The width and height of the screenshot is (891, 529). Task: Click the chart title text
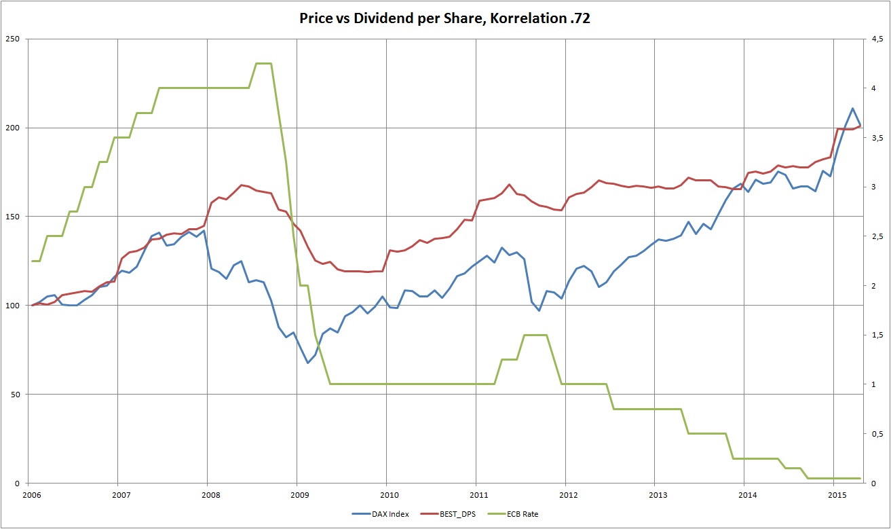[x=444, y=19]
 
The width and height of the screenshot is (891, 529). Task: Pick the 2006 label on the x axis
[x=29, y=494]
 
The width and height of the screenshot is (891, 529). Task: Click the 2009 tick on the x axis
[x=297, y=494]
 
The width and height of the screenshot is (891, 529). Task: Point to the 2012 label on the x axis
[x=565, y=494]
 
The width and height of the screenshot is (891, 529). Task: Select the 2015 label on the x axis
[x=834, y=494]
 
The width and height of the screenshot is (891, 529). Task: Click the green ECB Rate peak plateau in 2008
[x=263, y=63]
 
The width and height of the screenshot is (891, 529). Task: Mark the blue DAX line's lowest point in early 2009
[x=307, y=363]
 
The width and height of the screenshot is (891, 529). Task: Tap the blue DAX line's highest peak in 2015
[x=852, y=108]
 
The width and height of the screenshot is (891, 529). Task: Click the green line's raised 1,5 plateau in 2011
[x=535, y=335]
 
